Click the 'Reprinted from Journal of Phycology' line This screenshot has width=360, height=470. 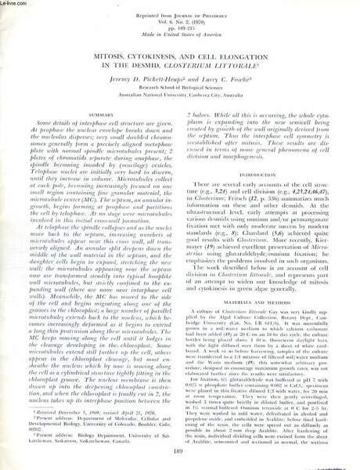click(x=180, y=9)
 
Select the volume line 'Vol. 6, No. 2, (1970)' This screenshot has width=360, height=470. click(x=180, y=16)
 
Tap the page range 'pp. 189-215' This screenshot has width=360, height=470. click(x=180, y=23)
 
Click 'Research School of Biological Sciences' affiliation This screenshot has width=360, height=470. click(x=180, y=89)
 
